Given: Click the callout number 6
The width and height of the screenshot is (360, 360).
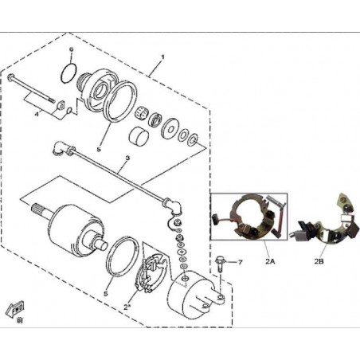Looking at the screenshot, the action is [x=71, y=49].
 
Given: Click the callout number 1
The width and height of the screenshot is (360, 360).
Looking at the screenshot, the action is [x=163, y=57].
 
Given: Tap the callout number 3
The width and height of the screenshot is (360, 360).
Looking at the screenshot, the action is [x=127, y=158].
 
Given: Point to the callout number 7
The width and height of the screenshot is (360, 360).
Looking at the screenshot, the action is [x=240, y=262].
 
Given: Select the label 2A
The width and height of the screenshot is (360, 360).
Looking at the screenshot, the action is [x=270, y=261].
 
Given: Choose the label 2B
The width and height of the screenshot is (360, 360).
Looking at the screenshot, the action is [x=319, y=261].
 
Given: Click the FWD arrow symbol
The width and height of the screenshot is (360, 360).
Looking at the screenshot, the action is [x=15, y=309].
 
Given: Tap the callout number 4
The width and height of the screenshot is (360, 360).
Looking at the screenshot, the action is [x=37, y=114].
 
